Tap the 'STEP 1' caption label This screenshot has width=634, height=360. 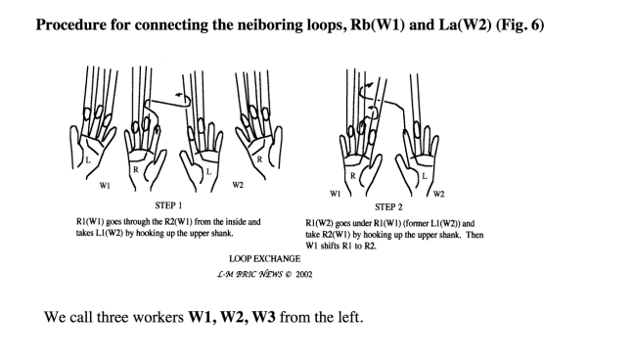coord(168,205)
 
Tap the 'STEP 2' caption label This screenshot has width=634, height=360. coord(388,207)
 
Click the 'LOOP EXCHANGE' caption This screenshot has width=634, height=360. coord(265,259)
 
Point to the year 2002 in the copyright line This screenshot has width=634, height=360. coord(304,274)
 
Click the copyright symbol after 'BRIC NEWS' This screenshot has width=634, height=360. coord(288,274)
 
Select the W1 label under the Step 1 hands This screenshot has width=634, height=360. coord(105,186)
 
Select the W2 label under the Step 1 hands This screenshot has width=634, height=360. coord(238,185)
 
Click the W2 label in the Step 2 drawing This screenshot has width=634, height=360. coord(438,194)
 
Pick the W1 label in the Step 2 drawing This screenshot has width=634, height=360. coord(336,194)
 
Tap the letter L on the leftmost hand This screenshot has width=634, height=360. coord(88,160)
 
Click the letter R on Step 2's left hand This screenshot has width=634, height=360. coord(353,176)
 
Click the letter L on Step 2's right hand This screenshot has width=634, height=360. coord(425,176)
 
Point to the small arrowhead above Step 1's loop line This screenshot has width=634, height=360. coord(178,95)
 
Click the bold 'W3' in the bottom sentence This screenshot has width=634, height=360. coord(263,317)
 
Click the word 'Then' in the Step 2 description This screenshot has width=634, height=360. coord(475,235)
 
